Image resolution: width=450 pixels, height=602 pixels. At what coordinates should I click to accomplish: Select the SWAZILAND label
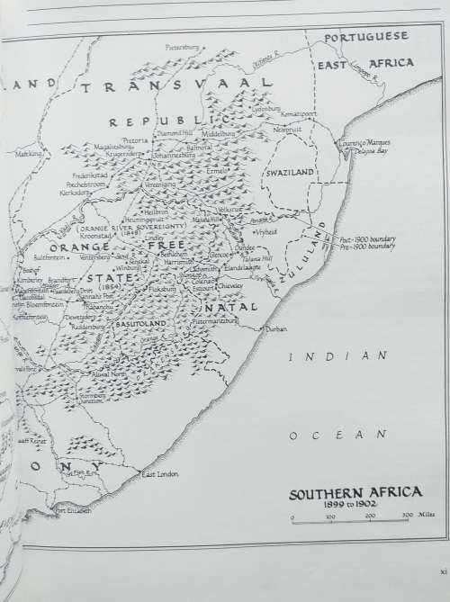[286, 169]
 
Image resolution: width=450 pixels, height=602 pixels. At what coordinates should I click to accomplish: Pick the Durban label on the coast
[276, 330]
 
